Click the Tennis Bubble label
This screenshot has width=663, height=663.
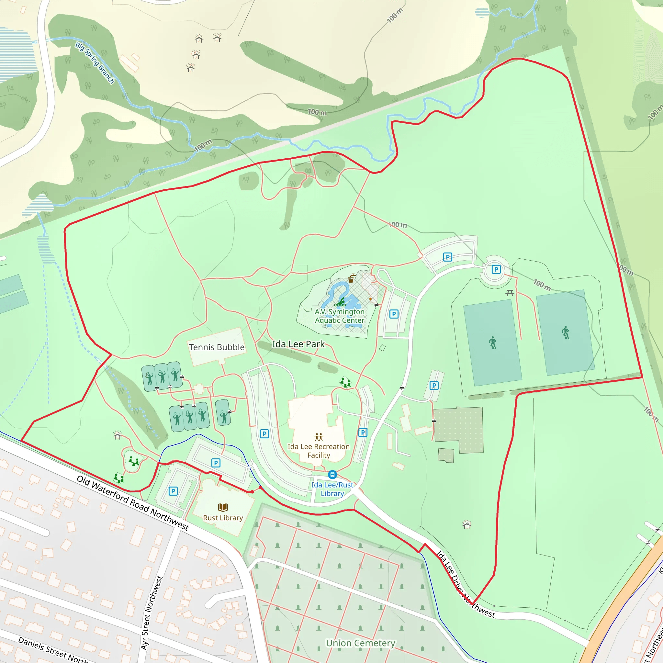(x=217, y=347)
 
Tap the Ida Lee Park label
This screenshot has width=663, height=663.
(x=298, y=344)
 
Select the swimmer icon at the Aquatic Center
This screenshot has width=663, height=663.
(x=341, y=302)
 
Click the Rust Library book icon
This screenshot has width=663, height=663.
(x=223, y=507)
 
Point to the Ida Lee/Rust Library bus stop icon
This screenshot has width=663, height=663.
(x=332, y=475)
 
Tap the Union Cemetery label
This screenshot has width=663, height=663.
(x=360, y=643)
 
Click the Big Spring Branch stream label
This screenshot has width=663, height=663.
(x=95, y=63)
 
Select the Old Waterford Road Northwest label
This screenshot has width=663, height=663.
(x=132, y=503)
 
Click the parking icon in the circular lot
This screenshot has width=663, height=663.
(x=496, y=269)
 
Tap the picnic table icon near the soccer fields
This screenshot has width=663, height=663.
(x=510, y=293)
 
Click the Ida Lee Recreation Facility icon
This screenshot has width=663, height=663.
(x=319, y=437)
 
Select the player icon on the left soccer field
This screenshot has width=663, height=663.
(x=493, y=343)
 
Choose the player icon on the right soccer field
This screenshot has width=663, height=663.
(x=566, y=332)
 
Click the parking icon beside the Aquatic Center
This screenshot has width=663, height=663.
(x=394, y=314)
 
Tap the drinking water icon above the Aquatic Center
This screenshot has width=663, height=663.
(x=351, y=278)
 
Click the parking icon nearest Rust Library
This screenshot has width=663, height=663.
(x=173, y=491)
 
